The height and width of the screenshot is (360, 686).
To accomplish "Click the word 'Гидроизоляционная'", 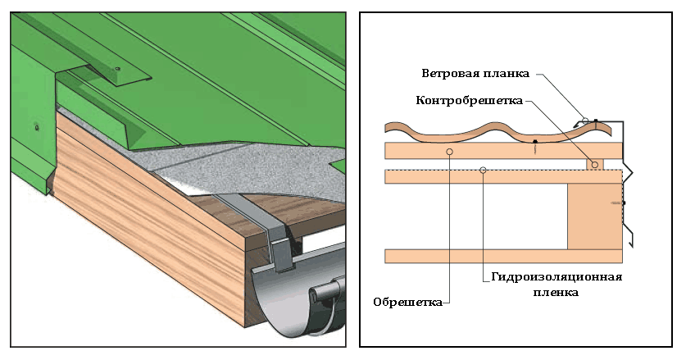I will (558, 276).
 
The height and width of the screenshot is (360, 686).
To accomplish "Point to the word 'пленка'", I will (558, 291).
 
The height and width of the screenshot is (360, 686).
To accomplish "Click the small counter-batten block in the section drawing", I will (595, 165).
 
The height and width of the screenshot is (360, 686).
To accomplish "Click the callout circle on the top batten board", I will (448, 152).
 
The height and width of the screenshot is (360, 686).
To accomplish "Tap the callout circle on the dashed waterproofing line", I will (484, 171).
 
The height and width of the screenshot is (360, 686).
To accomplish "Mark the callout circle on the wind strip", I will (585, 120).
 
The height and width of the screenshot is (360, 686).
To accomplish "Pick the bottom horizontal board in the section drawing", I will (475, 256).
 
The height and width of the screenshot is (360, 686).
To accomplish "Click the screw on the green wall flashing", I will (36, 127).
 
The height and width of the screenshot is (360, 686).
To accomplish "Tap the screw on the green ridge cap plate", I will (117, 67).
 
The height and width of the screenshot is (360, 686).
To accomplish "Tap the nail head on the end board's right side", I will (624, 203).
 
